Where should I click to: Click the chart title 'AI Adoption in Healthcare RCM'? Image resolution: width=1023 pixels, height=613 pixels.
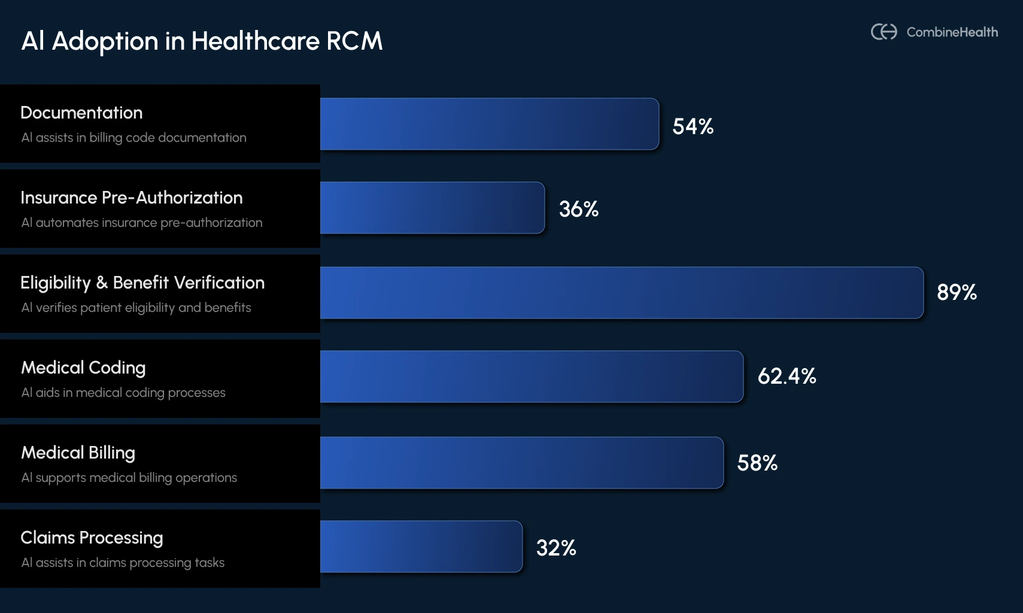(x=202, y=41)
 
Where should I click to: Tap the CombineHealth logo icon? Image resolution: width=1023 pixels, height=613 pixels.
(x=884, y=32)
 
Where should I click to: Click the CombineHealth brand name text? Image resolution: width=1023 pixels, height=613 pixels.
(x=952, y=32)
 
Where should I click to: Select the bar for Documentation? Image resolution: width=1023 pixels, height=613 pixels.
(x=489, y=124)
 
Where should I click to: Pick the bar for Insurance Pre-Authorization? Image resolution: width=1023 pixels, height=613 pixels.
(x=432, y=208)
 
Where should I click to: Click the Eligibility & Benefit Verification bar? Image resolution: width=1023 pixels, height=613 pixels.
(x=621, y=293)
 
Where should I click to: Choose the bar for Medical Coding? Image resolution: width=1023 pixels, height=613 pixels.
(x=532, y=377)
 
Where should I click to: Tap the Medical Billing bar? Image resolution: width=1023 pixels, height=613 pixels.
(x=521, y=463)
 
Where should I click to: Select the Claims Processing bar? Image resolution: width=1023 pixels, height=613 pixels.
(x=421, y=547)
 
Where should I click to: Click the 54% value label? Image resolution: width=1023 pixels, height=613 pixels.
(x=693, y=126)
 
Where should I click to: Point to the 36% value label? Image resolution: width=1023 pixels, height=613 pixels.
(x=578, y=209)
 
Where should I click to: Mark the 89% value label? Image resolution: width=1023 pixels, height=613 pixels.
(x=956, y=292)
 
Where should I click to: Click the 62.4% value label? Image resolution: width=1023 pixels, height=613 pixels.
(x=787, y=376)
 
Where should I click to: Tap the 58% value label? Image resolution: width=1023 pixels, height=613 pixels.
(x=757, y=463)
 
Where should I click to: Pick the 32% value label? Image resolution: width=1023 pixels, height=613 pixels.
(x=555, y=548)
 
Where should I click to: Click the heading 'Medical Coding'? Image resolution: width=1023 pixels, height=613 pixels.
(x=83, y=368)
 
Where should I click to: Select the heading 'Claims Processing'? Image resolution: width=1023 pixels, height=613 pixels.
(x=92, y=538)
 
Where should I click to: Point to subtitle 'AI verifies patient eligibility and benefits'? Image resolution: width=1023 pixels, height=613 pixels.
(x=136, y=308)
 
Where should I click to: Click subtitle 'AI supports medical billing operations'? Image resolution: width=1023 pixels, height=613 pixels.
(x=129, y=478)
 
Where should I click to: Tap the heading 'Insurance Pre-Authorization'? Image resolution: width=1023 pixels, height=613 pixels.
(x=131, y=198)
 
